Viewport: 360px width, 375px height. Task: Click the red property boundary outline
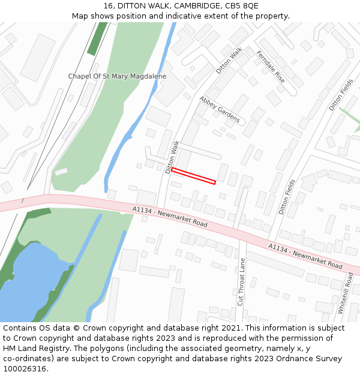point(193,176)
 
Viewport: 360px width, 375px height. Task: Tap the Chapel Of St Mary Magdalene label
point(117,76)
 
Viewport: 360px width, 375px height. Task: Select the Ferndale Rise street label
point(270,66)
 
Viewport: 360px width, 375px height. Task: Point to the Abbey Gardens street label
point(220,109)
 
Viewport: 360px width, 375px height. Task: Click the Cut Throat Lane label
point(242,282)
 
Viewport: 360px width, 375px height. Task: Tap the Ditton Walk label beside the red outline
point(173,157)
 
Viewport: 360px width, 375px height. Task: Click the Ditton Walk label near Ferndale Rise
point(229,61)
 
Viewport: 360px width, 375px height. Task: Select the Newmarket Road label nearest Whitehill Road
point(305,256)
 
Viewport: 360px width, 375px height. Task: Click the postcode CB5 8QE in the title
point(239,6)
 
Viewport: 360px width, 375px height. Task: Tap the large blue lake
point(36,282)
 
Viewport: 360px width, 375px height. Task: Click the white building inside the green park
point(61,172)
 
